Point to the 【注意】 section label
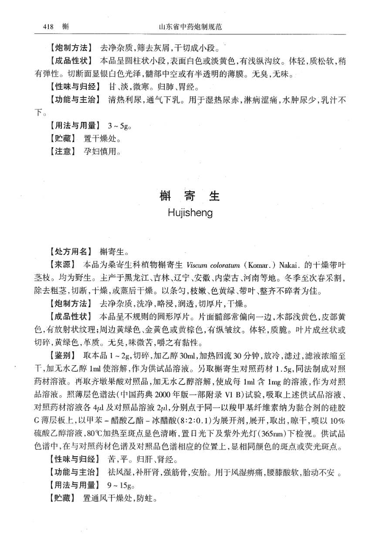pos(63,152)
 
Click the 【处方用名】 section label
pos(71,251)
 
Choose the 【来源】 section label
pos(63,265)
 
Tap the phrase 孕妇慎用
pos(102,152)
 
